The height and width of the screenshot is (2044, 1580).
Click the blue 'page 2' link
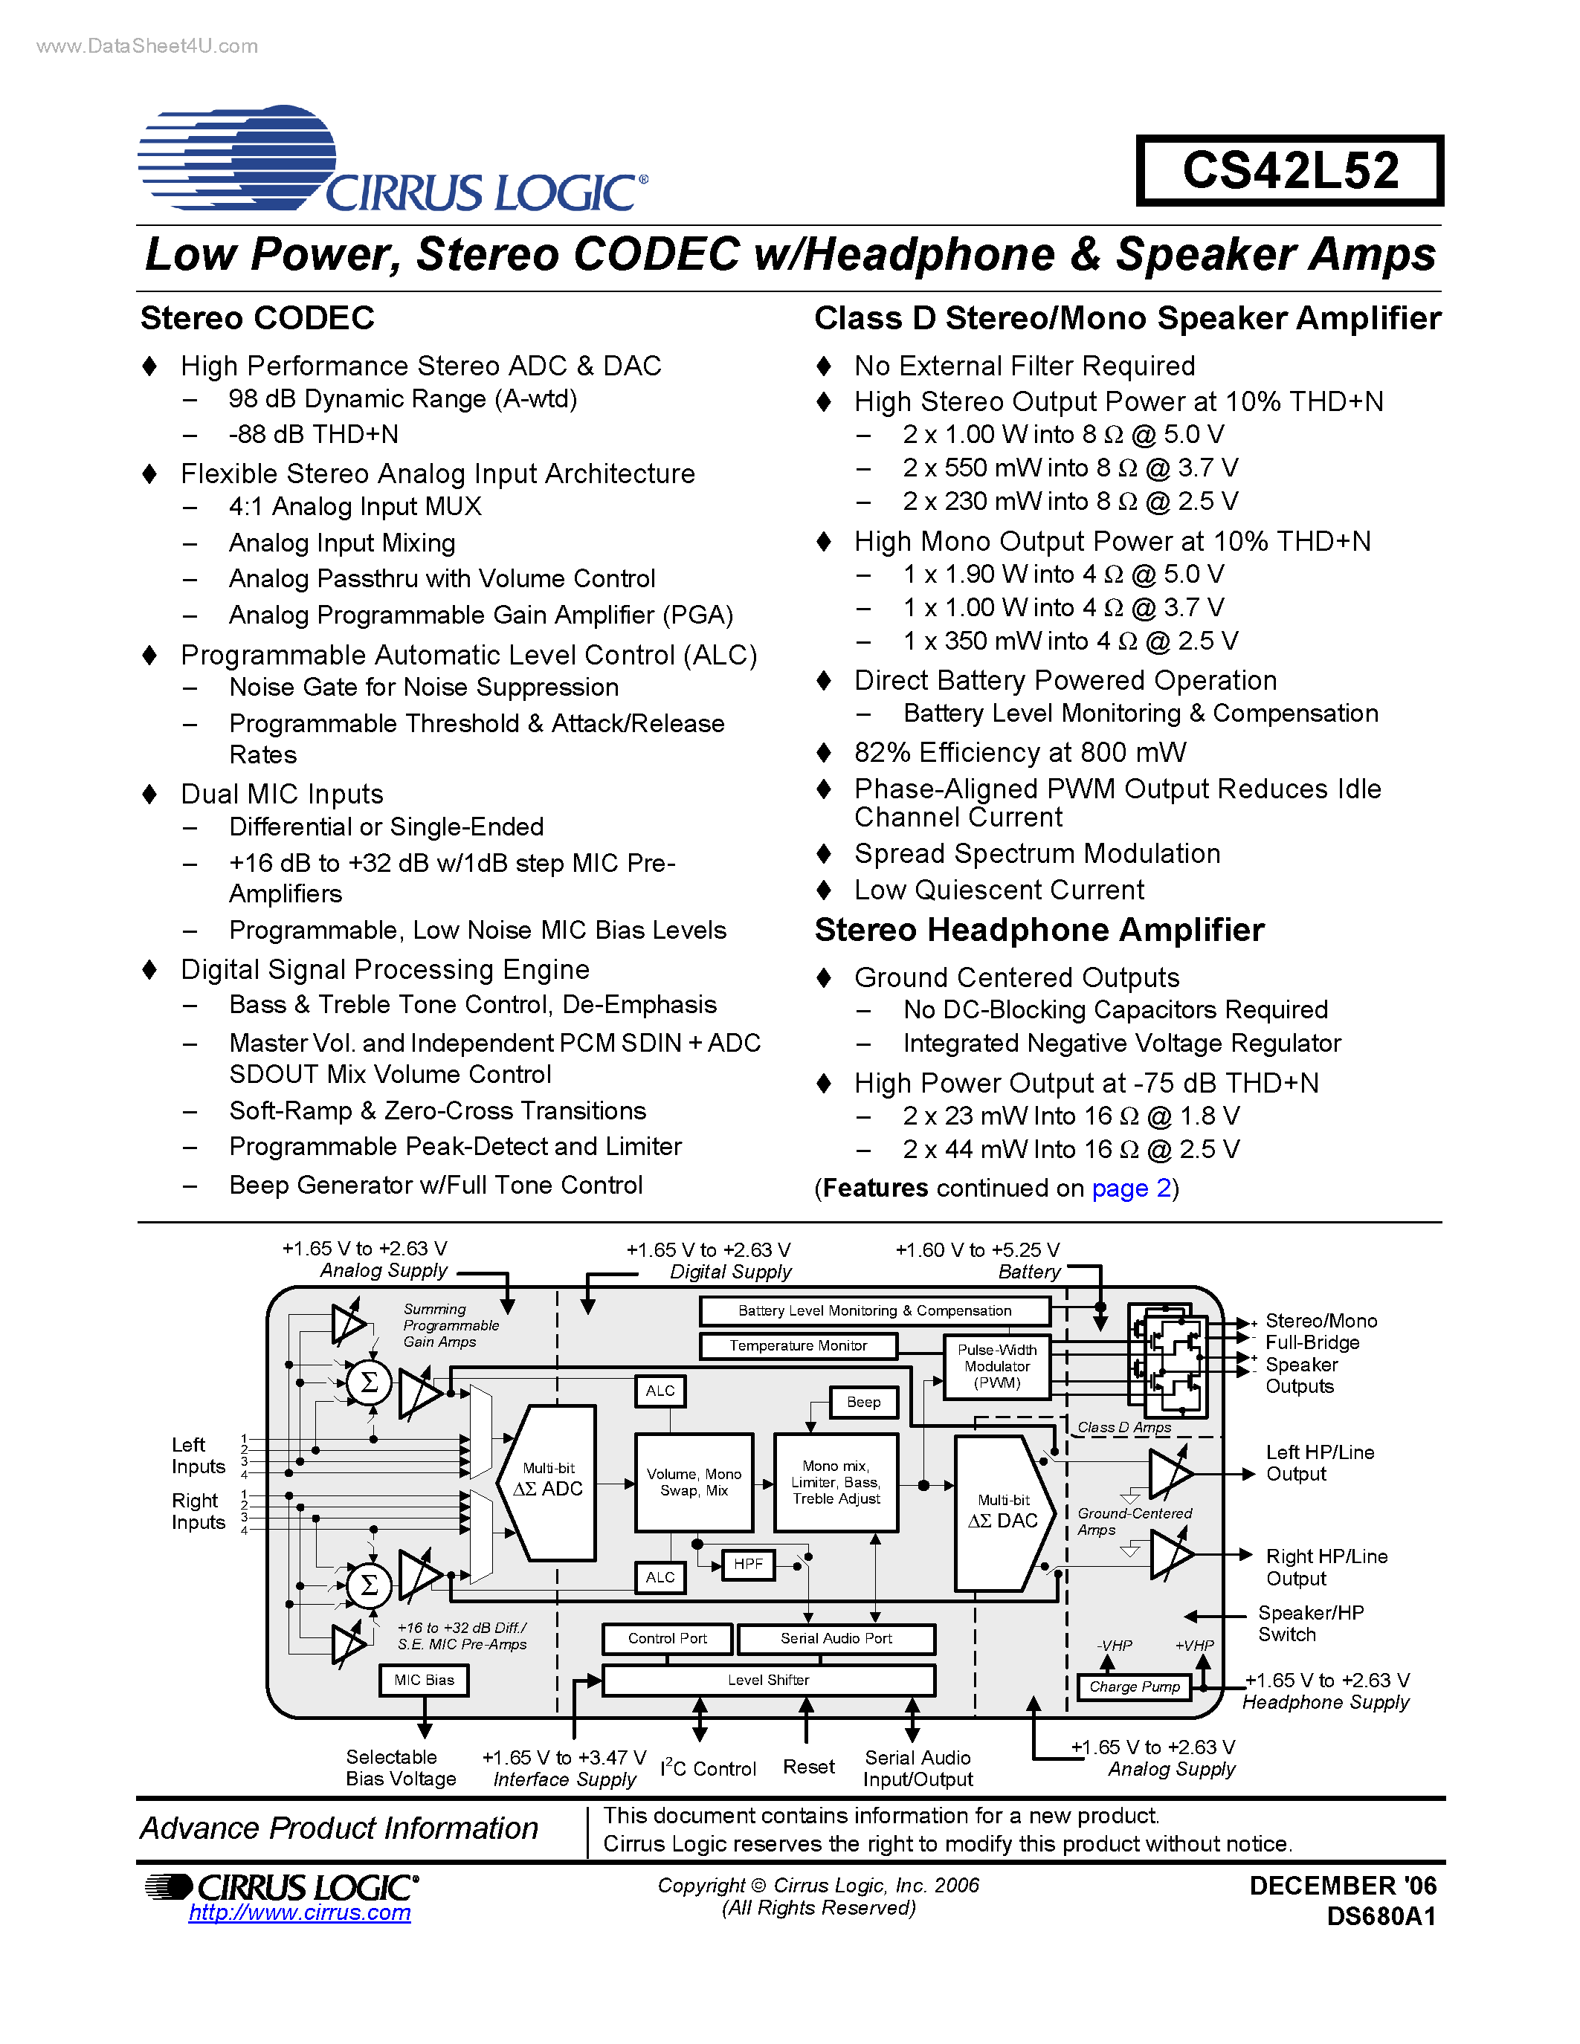click(1131, 1188)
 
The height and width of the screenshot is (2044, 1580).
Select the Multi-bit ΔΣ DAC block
click(1002, 1513)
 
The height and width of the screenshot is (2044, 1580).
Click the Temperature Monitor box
click(799, 1346)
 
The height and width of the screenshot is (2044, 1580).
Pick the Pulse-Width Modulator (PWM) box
click(997, 1366)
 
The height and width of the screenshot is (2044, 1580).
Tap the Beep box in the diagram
click(863, 1402)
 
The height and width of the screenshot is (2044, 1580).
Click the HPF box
click(748, 1564)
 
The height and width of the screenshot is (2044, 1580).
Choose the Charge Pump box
click(1134, 1686)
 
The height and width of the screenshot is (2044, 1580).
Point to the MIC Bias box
click(424, 1680)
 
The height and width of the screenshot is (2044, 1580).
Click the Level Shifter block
click(767, 1680)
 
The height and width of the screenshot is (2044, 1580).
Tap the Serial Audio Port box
click(836, 1639)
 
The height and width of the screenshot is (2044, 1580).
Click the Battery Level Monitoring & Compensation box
click(874, 1310)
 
